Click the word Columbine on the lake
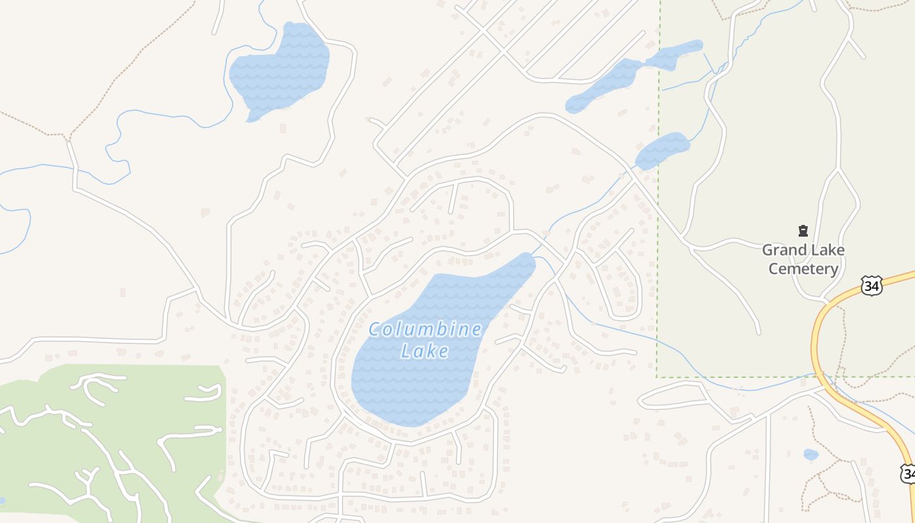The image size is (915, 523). click(x=425, y=329)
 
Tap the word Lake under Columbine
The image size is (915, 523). click(x=425, y=352)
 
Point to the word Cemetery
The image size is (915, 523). click(x=803, y=269)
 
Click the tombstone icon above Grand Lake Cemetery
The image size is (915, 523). click(x=803, y=231)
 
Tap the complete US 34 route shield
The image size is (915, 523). click(x=871, y=286)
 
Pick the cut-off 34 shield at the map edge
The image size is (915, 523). click(x=908, y=473)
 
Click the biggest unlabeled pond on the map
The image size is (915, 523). click(x=281, y=69)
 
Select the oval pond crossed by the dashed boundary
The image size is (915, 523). click(x=663, y=150)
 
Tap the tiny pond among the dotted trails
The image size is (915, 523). click(x=810, y=454)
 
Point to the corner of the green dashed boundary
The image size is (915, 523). click(x=657, y=377)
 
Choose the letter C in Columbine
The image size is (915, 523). click(x=375, y=329)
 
